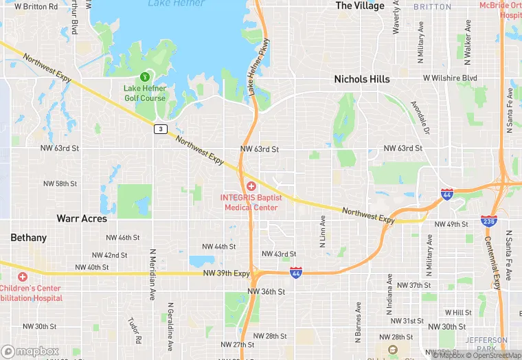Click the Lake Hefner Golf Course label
pyautogui.click(x=144, y=93)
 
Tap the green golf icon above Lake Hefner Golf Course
pyautogui.click(x=144, y=76)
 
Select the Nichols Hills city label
pyautogui.click(x=361, y=79)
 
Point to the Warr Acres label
pyautogui.click(x=82, y=218)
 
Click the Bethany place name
pyautogui.click(x=29, y=238)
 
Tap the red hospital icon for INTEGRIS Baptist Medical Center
pyautogui.click(x=251, y=186)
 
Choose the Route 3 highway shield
pyautogui.click(x=160, y=128)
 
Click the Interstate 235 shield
pyautogui.click(x=489, y=221)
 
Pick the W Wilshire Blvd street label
pyautogui.click(x=450, y=78)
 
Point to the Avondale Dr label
pyautogui.click(x=420, y=117)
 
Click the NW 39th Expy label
pyautogui.click(x=227, y=273)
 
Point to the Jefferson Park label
pyautogui.click(x=486, y=345)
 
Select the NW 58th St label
pyautogui.click(x=60, y=184)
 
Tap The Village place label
pyautogui.click(x=360, y=5)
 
